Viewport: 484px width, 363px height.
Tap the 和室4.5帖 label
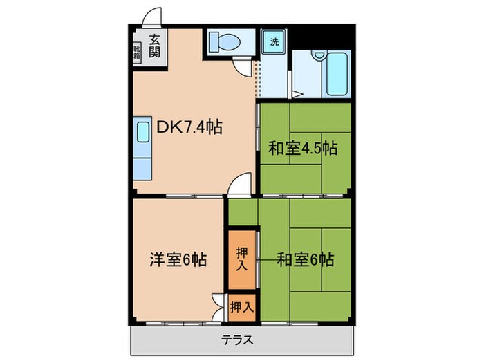coord(303,147)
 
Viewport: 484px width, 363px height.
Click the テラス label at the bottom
coord(237,339)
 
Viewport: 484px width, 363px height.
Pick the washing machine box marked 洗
coord(274,41)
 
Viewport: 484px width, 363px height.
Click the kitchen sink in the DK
coord(143,132)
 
